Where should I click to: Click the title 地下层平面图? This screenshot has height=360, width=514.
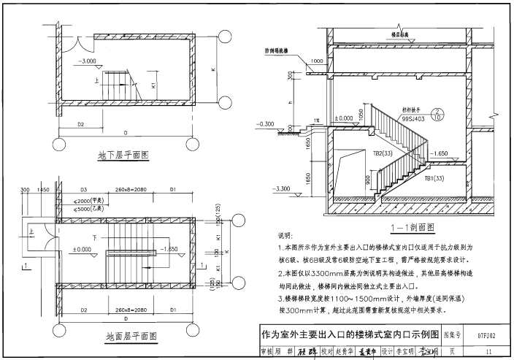point(123,156)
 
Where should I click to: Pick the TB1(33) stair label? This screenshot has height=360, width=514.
point(432,178)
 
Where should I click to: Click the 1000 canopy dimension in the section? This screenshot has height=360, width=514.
point(316,61)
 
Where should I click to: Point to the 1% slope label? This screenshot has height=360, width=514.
point(316,120)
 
